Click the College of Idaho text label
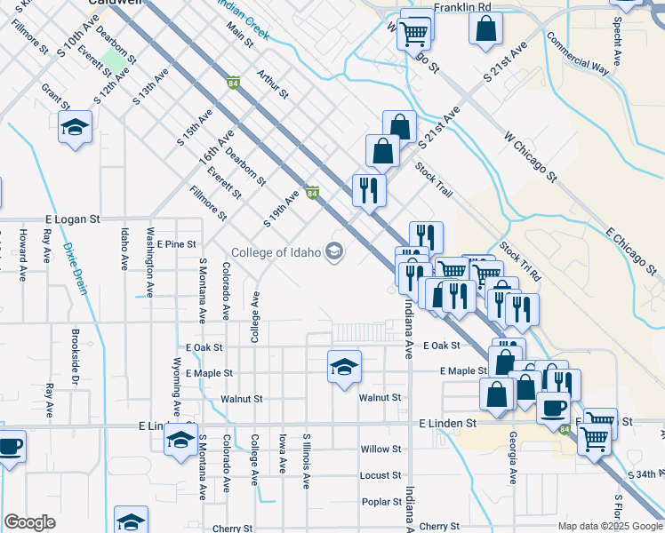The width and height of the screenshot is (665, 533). pos(275,252)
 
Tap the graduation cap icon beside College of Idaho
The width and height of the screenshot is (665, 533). pos(334,252)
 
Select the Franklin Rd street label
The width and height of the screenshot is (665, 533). pos(462,7)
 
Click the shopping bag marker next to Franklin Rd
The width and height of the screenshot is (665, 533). pos(487,28)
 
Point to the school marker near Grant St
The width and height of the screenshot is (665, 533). pos(76,128)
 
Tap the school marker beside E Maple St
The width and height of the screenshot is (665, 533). pos(344,367)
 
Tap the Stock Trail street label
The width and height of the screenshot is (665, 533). pos(435,180)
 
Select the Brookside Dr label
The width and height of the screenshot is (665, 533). pos(76,365)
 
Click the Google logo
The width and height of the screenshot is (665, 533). pos(29,522)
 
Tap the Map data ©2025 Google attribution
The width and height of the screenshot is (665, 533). pos(609,526)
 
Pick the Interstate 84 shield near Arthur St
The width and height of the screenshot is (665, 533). pos(232,84)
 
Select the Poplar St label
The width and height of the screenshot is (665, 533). pos(381,502)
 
